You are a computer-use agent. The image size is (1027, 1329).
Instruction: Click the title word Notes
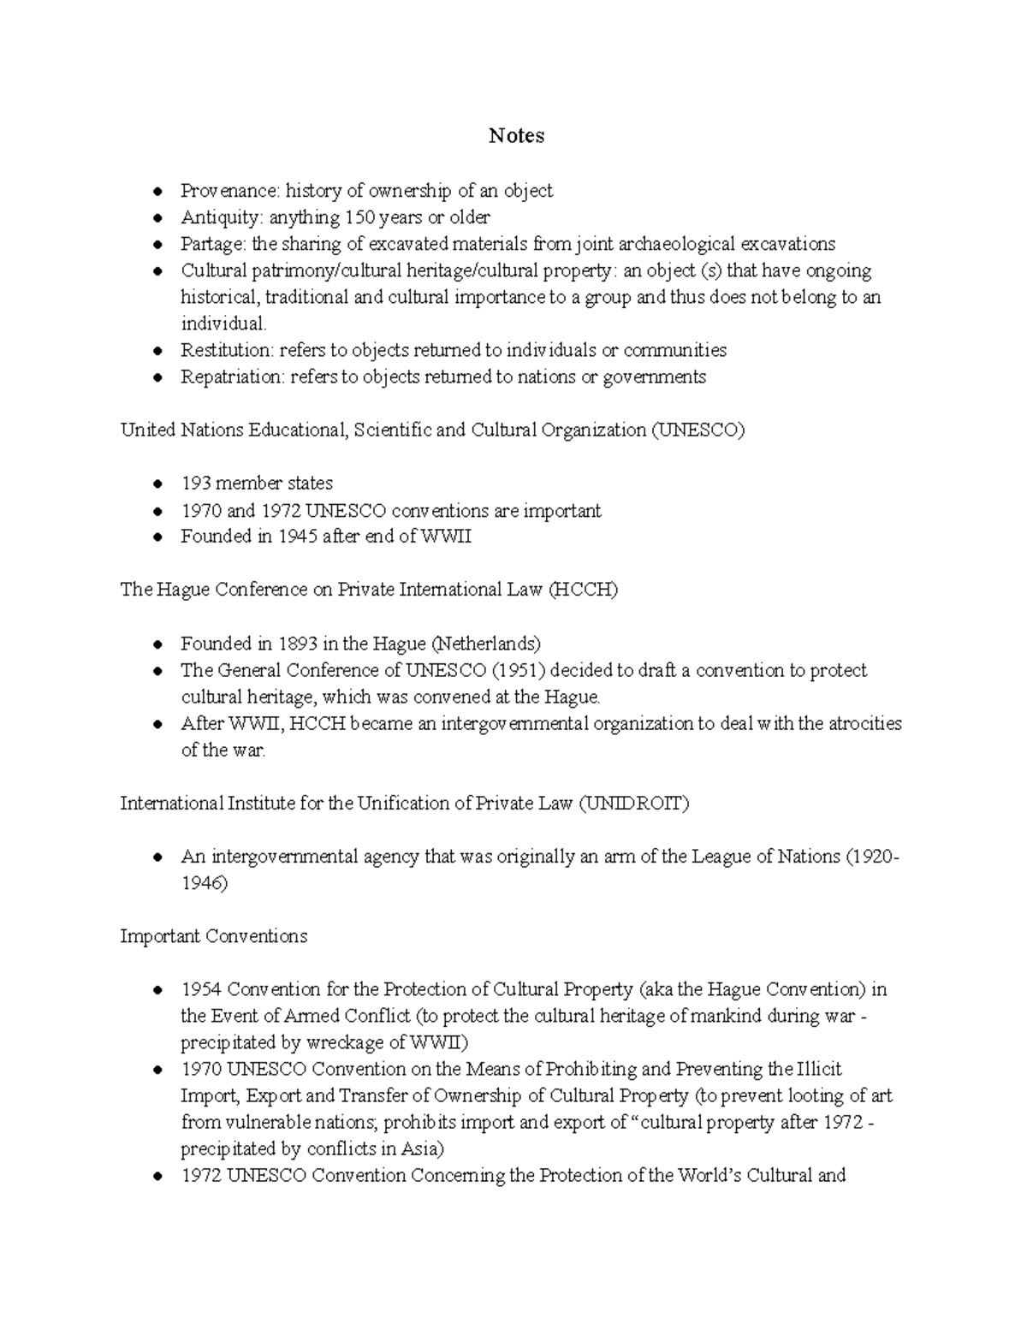[x=516, y=135]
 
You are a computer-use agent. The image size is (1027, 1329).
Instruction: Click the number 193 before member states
[x=195, y=484]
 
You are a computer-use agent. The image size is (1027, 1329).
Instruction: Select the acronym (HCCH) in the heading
[x=583, y=590]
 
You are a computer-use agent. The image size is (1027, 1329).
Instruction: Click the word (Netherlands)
[x=485, y=644]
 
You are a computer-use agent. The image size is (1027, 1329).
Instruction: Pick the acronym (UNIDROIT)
[x=633, y=804]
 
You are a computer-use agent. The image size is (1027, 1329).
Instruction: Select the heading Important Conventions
[x=213, y=936]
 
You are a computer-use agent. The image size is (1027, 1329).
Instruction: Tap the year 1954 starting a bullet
[x=201, y=990]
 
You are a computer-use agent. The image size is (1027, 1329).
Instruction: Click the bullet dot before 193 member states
[x=157, y=484]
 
